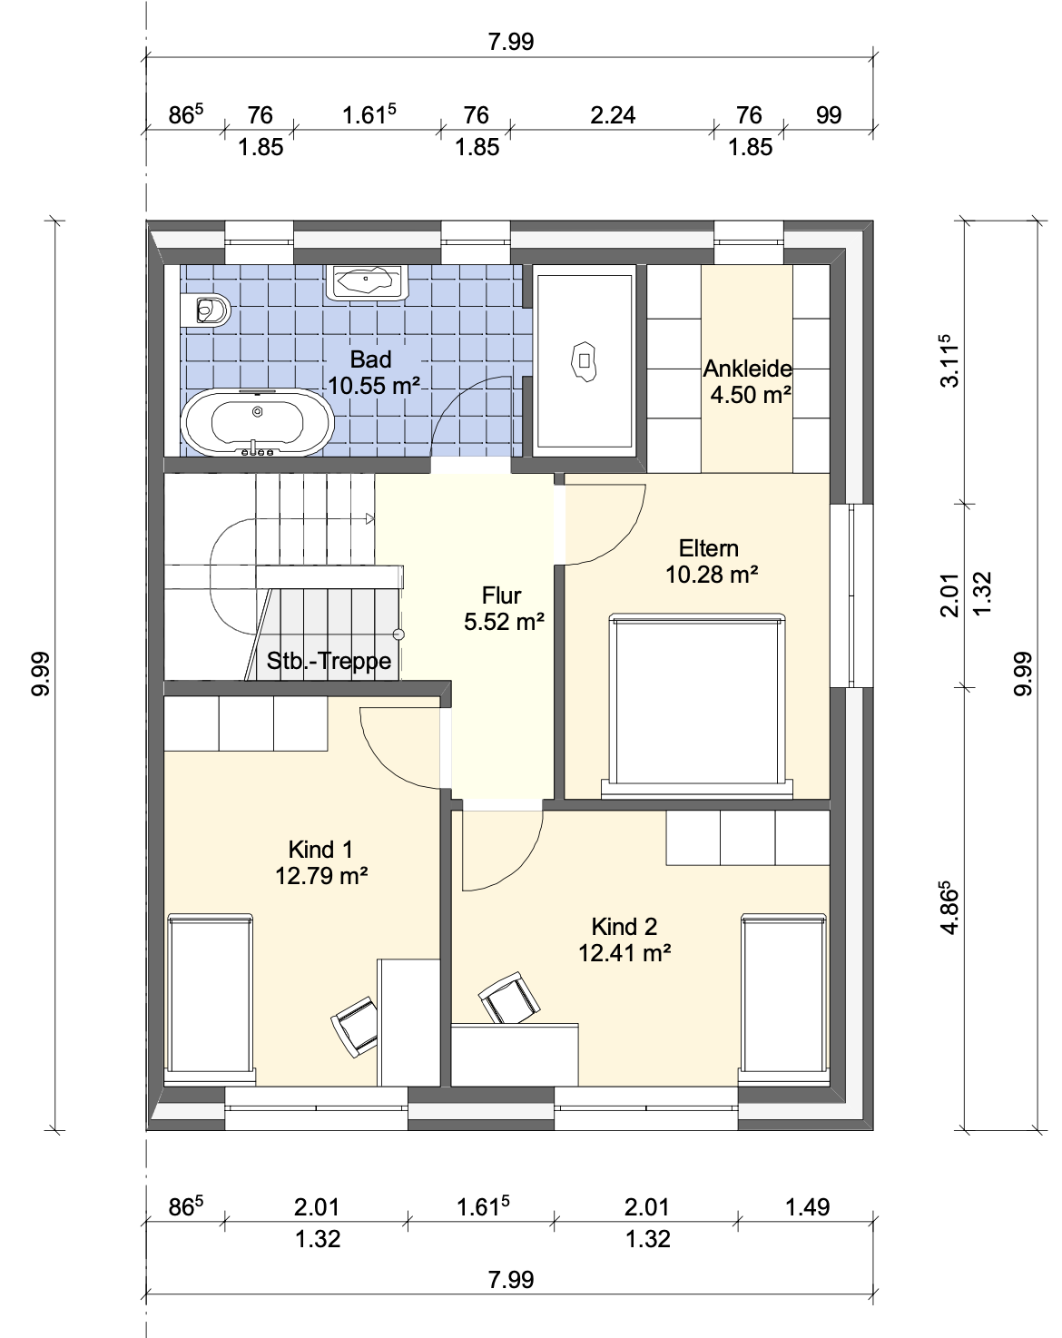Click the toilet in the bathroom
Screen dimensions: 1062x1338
205,309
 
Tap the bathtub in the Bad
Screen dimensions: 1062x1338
258,423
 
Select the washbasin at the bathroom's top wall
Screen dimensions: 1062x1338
366,283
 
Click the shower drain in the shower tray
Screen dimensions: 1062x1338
584,360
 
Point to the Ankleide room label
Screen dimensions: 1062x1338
748,382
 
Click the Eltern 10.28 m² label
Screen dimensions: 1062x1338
711,562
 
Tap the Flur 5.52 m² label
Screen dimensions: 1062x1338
504,609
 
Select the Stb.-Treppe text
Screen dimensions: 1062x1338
329,660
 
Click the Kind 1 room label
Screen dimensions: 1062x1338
321,863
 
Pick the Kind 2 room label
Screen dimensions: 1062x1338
624,940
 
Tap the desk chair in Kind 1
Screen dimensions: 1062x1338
355,1027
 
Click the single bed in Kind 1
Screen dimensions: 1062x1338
211,1000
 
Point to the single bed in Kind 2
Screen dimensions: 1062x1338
784,1000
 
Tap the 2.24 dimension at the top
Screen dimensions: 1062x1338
613,115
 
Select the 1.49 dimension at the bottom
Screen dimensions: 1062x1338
807,1207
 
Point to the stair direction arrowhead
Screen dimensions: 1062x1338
370,518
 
